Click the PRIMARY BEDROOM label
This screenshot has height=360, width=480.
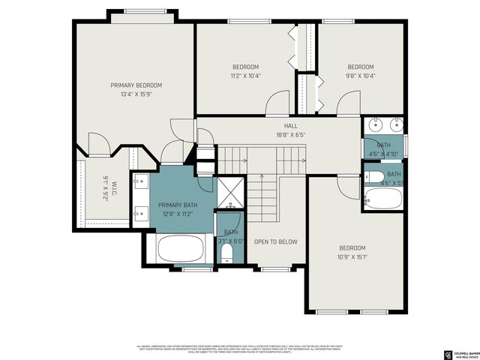(x=136, y=85)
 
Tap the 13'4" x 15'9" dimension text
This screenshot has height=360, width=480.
(x=136, y=94)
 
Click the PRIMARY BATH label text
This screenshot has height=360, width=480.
(x=178, y=204)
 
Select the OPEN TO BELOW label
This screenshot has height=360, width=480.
(x=275, y=241)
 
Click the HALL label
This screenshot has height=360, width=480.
(x=291, y=126)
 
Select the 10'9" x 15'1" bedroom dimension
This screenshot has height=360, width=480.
(x=352, y=257)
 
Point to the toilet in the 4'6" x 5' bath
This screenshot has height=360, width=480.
(x=375, y=178)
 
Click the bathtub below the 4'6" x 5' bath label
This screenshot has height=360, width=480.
(x=383, y=197)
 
